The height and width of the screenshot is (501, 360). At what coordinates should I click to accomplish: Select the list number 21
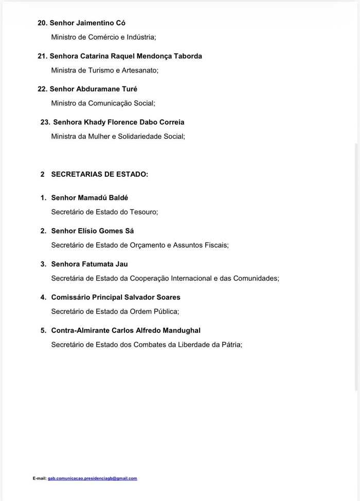click(x=42, y=56)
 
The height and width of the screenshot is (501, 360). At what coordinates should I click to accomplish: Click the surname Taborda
click(x=186, y=56)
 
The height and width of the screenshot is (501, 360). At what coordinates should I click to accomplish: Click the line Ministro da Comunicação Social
click(x=103, y=103)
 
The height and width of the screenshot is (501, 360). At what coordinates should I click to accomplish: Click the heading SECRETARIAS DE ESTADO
click(x=99, y=174)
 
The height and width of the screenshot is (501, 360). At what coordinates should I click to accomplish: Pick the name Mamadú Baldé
click(x=103, y=198)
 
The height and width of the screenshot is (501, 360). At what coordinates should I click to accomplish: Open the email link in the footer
click(x=93, y=478)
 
